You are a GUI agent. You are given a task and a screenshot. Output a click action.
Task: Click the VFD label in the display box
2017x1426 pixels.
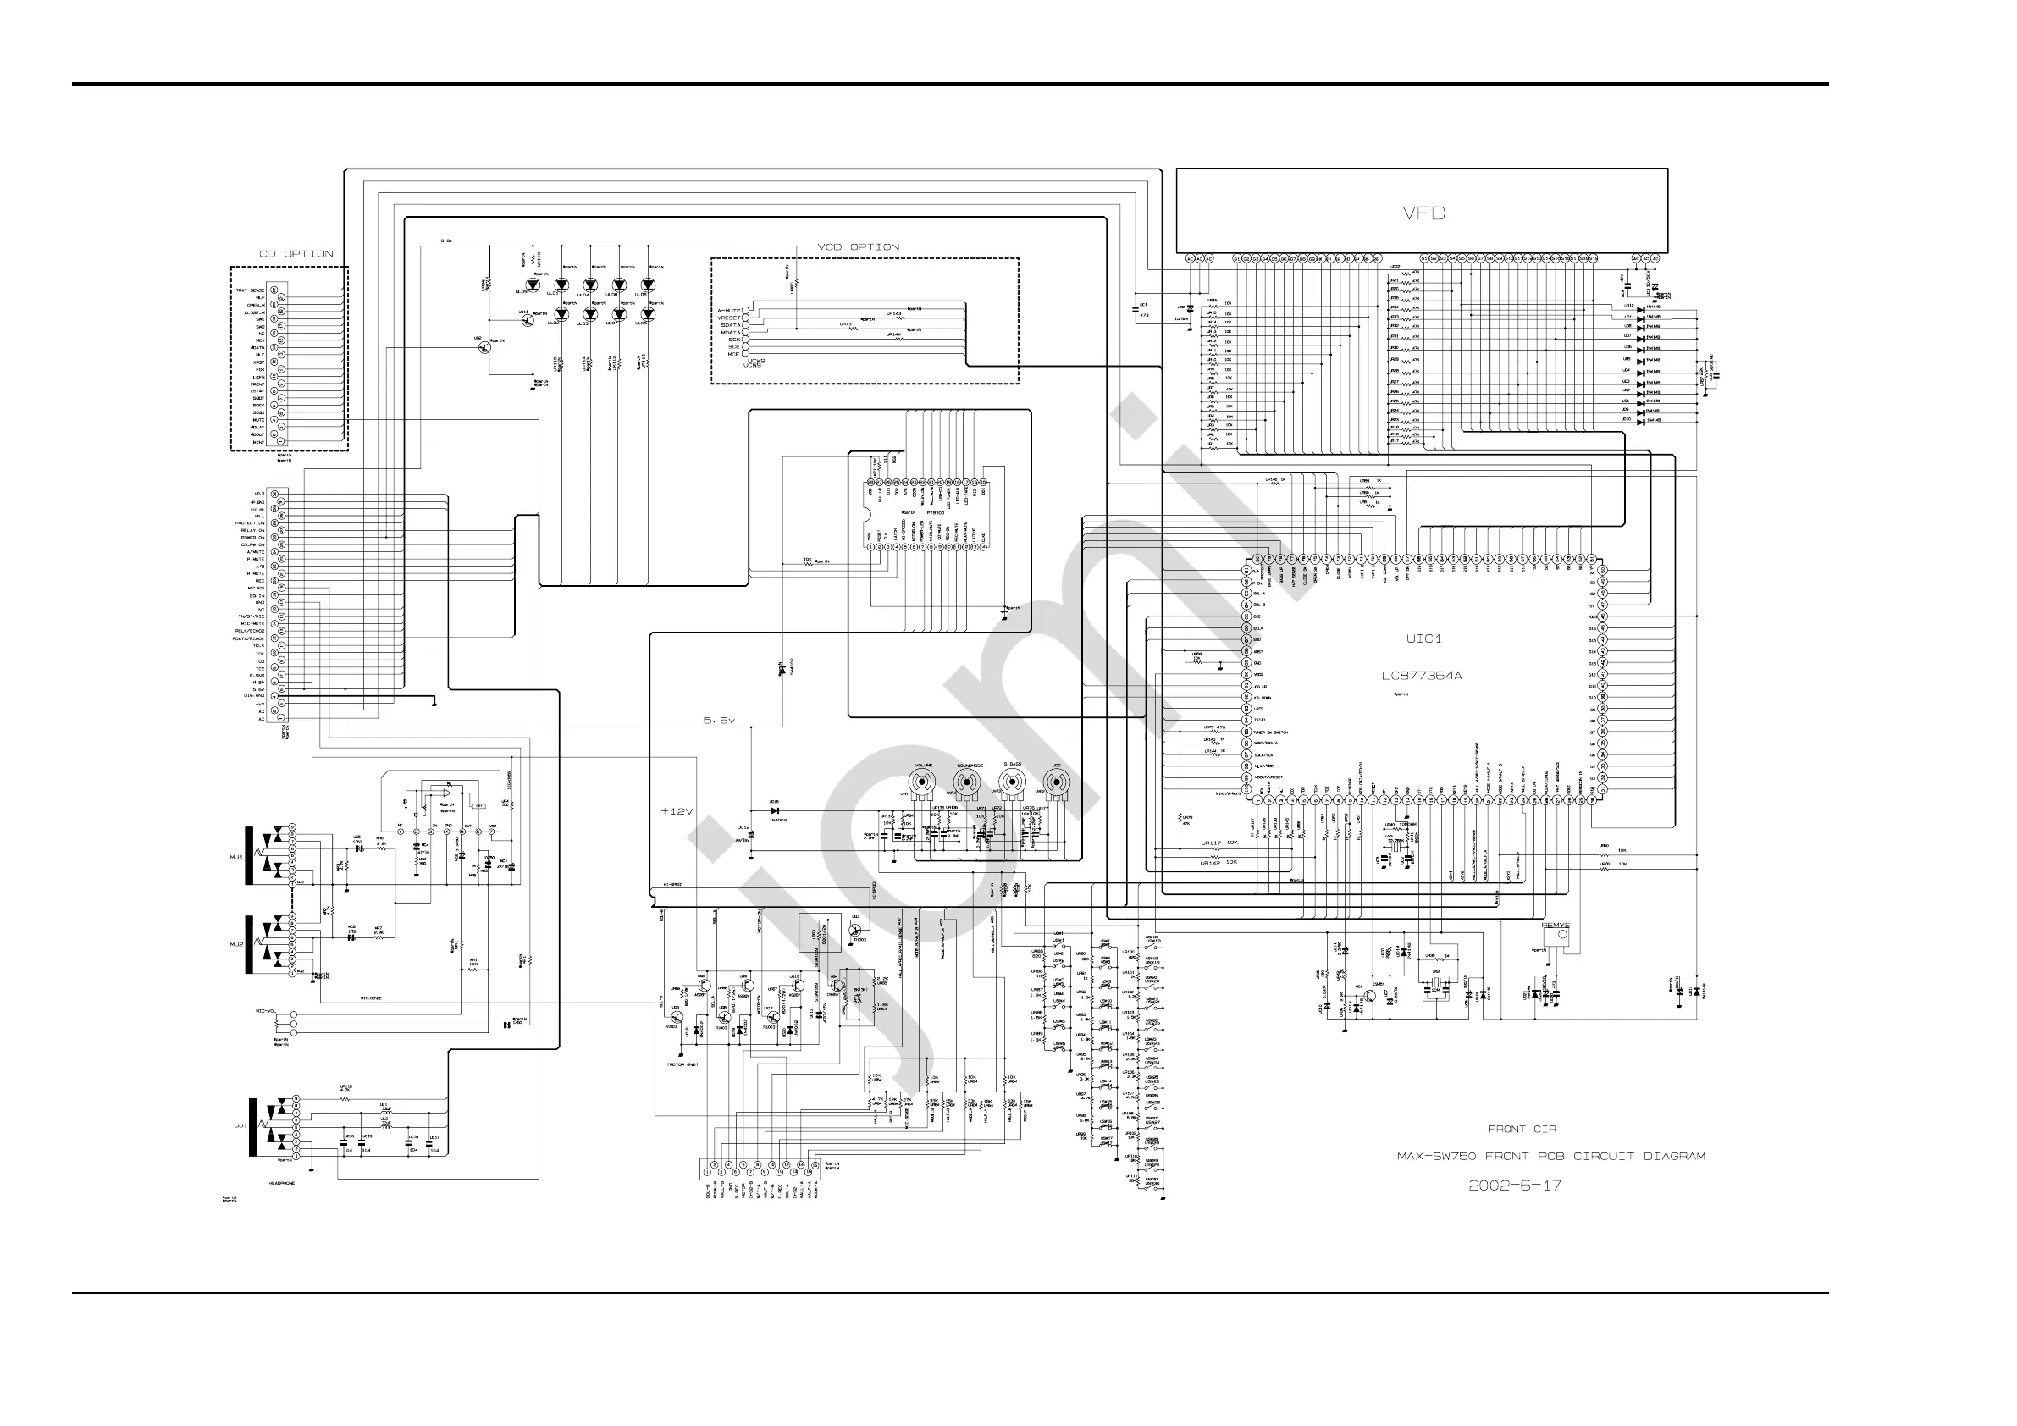[x=1424, y=213]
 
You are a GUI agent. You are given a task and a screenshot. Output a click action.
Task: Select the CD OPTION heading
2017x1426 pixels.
[x=296, y=254]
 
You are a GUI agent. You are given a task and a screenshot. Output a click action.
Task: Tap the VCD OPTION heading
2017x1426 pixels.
[x=859, y=247]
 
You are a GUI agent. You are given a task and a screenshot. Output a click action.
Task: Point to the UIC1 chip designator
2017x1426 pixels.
[x=1423, y=638]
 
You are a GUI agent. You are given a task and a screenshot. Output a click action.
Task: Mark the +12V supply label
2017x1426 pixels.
[x=677, y=811]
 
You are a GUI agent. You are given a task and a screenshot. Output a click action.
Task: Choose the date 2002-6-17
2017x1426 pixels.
[x=1516, y=1186]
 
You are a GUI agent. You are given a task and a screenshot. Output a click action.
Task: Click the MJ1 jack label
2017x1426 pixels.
[x=235, y=856]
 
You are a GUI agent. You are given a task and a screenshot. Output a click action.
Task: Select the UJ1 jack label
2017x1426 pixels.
[x=239, y=1125]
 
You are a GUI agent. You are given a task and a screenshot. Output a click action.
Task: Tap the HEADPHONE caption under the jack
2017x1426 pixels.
[x=281, y=1184]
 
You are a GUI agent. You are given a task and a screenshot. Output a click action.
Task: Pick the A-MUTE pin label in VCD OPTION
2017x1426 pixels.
[x=729, y=311]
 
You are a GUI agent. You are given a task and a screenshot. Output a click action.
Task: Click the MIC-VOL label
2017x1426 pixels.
[x=267, y=1011]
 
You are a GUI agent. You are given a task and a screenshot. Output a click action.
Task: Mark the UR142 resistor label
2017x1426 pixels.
[x=1211, y=863]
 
